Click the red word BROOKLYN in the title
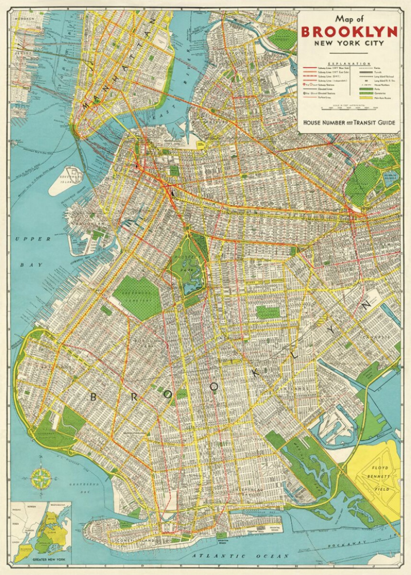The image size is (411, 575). [x=348, y=31]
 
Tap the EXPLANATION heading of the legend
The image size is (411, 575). [x=348, y=64]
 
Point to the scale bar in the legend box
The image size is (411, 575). [x=348, y=108]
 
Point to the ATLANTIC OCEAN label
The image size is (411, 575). [x=233, y=556]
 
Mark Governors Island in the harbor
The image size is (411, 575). [x=66, y=180]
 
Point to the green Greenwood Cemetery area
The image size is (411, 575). [x=137, y=296]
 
